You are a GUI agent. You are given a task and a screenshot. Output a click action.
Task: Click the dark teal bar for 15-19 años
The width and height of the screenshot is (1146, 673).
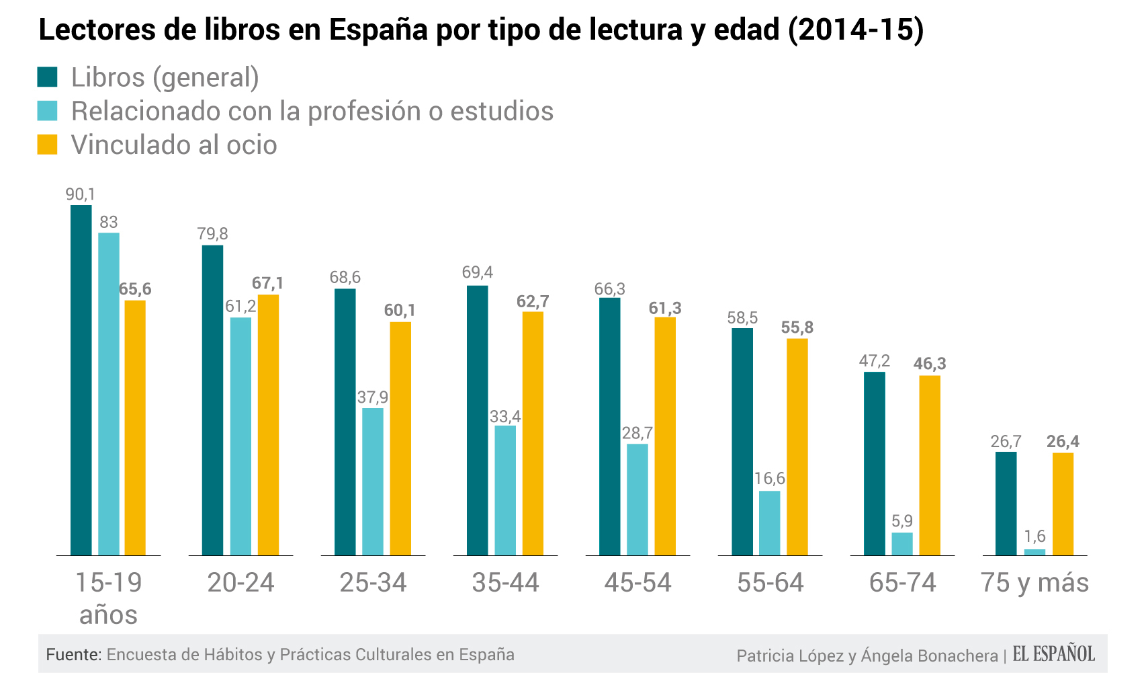(x=81, y=380)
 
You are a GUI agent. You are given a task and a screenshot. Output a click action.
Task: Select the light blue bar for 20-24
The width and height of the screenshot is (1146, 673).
(x=240, y=436)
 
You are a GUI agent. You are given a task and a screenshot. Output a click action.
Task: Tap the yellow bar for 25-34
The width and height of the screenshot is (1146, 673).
(x=400, y=438)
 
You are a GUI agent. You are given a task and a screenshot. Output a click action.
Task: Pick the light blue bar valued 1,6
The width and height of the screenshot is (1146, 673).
(x=1034, y=552)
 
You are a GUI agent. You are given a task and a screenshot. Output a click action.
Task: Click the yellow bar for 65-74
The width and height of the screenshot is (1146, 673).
(x=930, y=465)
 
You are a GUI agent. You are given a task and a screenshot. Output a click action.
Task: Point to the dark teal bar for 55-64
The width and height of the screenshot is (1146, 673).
(x=742, y=442)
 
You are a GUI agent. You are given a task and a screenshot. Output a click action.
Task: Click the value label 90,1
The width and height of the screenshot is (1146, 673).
(x=81, y=195)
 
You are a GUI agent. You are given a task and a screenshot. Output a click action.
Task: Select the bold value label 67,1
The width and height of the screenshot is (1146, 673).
(x=267, y=283)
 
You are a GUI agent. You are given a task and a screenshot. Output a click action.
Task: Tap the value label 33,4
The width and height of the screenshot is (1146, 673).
(x=505, y=417)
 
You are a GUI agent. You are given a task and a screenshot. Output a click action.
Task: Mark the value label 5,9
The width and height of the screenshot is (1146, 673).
(x=902, y=521)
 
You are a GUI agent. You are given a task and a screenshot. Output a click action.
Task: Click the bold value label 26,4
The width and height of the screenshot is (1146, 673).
(x=1063, y=442)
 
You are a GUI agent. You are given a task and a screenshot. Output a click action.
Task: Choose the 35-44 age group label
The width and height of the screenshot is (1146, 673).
(x=505, y=582)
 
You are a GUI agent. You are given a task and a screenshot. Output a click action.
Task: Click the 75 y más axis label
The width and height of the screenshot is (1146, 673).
(x=1034, y=582)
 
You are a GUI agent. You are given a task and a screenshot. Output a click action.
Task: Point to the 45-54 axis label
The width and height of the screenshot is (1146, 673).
(x=637, y=582)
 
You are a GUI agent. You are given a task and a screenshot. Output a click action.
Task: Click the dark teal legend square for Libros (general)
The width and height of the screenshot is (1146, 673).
(x=48, y=77)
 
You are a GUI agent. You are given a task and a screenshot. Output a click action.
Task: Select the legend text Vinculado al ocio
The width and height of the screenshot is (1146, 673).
(x=174, y=145)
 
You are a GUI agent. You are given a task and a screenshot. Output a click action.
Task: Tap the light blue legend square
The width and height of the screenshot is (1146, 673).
(x=48, y=110)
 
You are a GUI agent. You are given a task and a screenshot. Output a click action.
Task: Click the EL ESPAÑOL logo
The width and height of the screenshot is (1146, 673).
(x=1053, y=654)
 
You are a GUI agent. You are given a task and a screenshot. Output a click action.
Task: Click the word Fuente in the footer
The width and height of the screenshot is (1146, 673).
(x=73, y=654)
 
